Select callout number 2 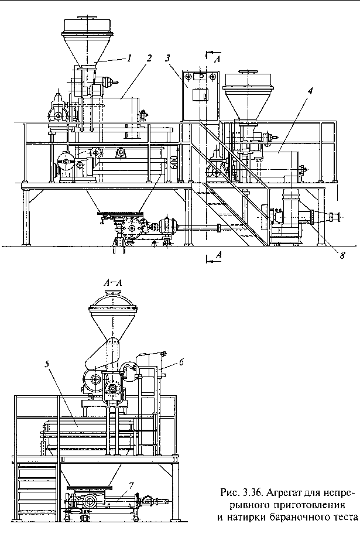click(x=149, y=58)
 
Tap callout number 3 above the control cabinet click(x=167, y=58)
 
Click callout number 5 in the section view click(x=47, y=364)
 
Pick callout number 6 click(x=181, y=362)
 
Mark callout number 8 click(x=342, y=255)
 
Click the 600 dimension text click(x=174, y=162)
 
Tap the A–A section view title click(x=114, y=283)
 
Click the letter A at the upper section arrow click(x=218, y=60)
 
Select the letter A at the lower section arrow click(x=220, y=254)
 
